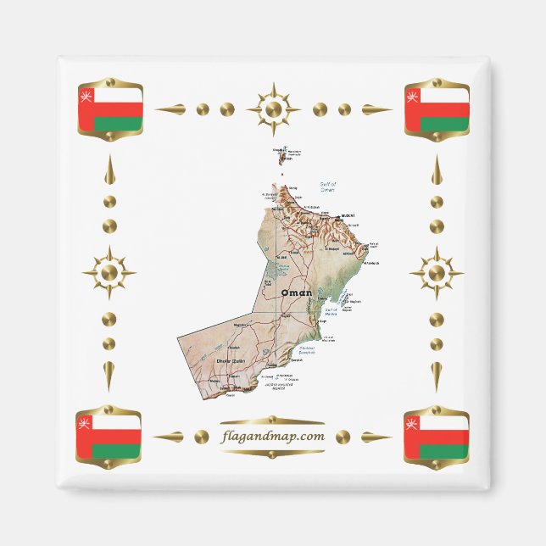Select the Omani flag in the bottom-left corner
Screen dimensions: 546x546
tap(110, 436)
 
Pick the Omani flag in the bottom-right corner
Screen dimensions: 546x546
tap(437, 436)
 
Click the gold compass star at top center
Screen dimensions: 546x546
tap(273, 109)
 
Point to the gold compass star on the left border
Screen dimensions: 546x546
tap(109, 273)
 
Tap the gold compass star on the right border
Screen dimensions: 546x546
tap(437, 273)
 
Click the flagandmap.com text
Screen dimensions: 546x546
tap(272, 437)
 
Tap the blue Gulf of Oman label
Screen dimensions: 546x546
tap(328, 187)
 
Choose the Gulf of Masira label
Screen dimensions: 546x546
tap(331, 311)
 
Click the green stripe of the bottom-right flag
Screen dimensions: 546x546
tap(443, 451)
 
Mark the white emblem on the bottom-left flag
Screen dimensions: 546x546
tap(84, 421)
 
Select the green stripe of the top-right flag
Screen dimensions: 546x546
tap(443, 125)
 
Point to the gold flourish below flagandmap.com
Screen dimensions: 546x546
tap(272, 452)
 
